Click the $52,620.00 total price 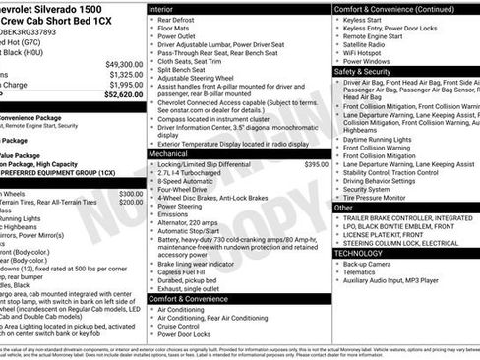pos(118,96)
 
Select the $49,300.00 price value pos(120,63)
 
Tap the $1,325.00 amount pos(123,74)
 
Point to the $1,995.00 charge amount pos(123,85)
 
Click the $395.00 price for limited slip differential pos(316,164)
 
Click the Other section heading pos(344,208)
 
